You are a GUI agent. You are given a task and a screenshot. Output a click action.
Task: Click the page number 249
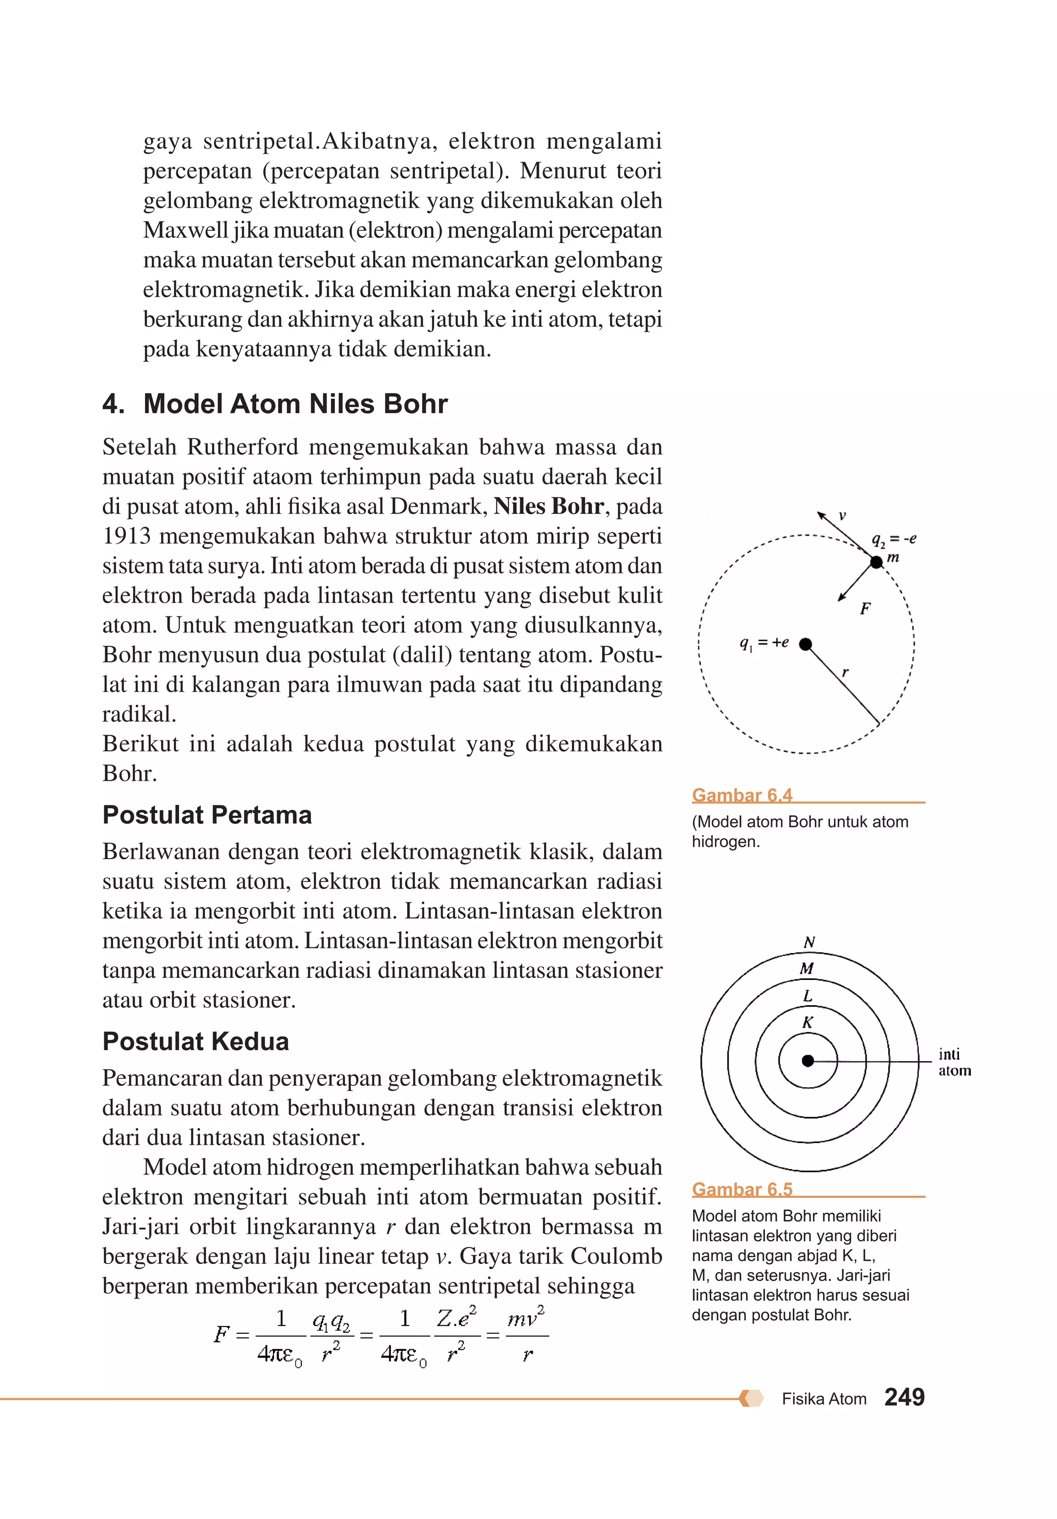(904, 1397)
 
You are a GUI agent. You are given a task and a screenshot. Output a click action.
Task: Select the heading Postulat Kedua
(195, 1041)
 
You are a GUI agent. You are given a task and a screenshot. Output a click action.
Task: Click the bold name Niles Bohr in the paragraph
(548, 506)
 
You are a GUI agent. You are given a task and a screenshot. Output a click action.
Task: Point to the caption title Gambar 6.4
(742, 795)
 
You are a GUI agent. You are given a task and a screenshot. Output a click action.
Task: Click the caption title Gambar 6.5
(742, 1189)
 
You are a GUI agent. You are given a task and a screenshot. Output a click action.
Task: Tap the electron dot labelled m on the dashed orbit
(876, 562)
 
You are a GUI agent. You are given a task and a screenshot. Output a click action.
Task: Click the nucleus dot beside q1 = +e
(805, 644)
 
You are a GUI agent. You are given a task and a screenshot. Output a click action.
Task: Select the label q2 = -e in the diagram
(893, 539)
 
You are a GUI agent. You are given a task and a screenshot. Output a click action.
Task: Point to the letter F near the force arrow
(864, 609)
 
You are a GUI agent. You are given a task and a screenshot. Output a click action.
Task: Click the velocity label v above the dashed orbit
(842, 515)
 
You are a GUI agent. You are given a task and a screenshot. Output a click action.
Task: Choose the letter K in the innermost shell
(807, 1022)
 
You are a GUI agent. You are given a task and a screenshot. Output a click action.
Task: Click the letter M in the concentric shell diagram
(806, 969)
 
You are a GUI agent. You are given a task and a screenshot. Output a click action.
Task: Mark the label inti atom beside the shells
(953, 1062)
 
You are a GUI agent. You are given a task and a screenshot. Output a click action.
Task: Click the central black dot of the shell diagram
(807, 1061)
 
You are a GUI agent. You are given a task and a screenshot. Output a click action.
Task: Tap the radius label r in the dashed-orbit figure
(845, 672)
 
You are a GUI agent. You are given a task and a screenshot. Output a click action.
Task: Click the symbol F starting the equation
(221, 1334)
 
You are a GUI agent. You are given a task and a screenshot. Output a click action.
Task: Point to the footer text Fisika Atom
(824, 1399)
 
